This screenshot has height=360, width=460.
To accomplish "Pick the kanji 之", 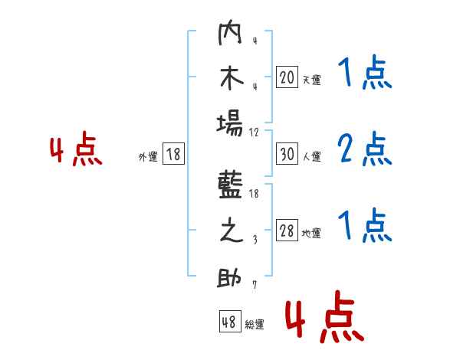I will tap(230, 231).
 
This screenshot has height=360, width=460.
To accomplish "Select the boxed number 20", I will tap(287, 77).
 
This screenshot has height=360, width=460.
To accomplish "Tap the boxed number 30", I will tap(287, 154).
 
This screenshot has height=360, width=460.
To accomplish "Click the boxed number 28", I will tap(287, 231).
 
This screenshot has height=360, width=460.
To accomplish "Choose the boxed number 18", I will tap(173, 154).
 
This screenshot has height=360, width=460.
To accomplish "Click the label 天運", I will tap(311, 79).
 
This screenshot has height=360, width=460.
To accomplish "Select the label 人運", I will tap(311, 156).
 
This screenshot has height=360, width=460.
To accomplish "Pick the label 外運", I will tap(147, 156).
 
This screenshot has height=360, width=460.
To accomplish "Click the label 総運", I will tap(255, 325).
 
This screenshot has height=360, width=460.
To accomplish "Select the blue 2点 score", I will tap(364, 149).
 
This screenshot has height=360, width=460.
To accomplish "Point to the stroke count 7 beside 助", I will tap(254, 285).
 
